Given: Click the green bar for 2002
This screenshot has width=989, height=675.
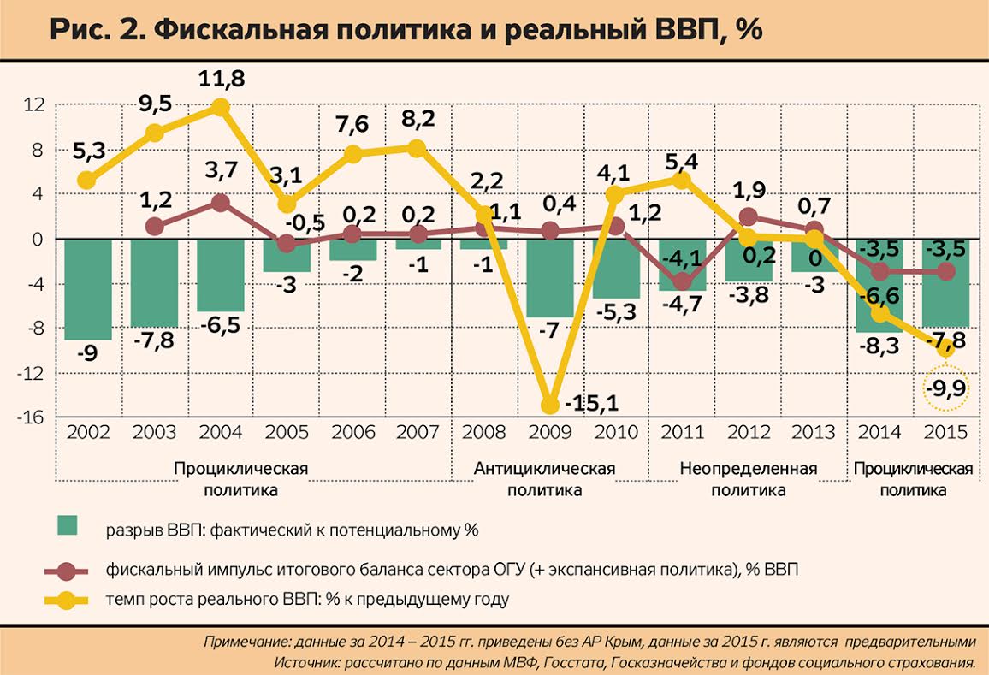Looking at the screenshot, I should tap(87, 288).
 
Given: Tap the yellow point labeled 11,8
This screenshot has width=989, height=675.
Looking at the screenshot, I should tap(221, 107).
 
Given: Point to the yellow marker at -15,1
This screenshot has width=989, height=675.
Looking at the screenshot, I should tap(550, 405).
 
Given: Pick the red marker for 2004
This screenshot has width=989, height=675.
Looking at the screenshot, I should tap(221, 203).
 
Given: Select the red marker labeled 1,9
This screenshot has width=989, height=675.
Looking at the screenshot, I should tap(748, 217).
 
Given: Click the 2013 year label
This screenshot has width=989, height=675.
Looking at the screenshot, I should tap(814, 432).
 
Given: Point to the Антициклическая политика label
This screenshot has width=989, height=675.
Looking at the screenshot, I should tap(545, 479).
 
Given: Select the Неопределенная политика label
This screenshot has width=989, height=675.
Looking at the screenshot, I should tap(748, 479).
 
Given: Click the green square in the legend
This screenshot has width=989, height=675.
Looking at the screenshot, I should tap(67, 526).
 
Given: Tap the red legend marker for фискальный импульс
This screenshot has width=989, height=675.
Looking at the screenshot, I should tap(67, 571).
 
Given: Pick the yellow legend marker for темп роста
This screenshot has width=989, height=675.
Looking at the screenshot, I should tap(67, 600).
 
